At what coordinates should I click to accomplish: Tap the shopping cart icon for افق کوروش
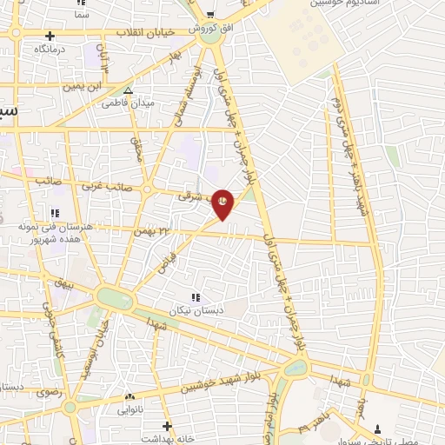(209, 14)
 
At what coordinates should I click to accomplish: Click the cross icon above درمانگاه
(50, 37)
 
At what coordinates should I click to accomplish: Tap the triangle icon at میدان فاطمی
(129, 90)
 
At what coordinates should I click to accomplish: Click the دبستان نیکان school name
(195, 309)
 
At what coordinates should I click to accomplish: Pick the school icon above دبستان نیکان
(195, 298)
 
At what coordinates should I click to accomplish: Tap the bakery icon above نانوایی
(130, 395)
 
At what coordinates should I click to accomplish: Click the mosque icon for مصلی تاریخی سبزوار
(377, 427)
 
